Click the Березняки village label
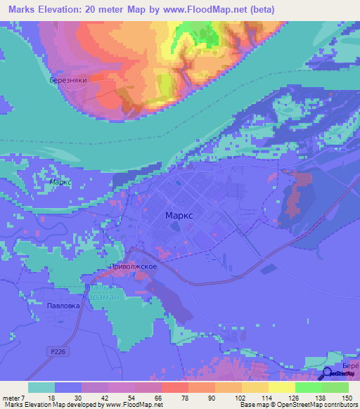click(68, 81)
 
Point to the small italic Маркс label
click(61, 181)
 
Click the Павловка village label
click(64, 306)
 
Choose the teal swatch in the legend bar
click(41, 387)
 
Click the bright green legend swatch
click(308, 387)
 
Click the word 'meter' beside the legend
click(13, 397)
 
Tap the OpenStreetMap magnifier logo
click(328, 376)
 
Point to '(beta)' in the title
click(262, 9)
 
